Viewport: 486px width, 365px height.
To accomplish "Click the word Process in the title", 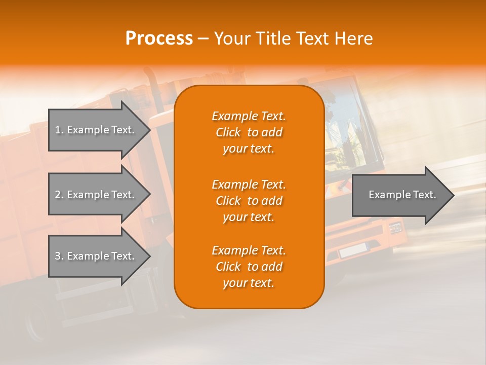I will (x=159, y=39).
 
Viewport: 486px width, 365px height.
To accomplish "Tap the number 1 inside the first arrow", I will (x=58, y=130).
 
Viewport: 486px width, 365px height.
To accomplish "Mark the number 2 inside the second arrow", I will (x=58, y=195).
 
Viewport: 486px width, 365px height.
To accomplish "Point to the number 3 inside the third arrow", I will (x=58, y=257).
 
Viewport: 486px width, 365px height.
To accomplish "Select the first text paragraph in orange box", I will (x=249, y=132).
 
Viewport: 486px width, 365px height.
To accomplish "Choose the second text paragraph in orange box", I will (x=249, y=201).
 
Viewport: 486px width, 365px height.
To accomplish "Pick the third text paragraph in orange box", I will (x=249, y=267).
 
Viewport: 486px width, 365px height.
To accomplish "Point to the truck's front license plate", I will (x=353, y=250).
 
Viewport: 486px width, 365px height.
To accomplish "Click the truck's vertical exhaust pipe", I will (x=151, y=86).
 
